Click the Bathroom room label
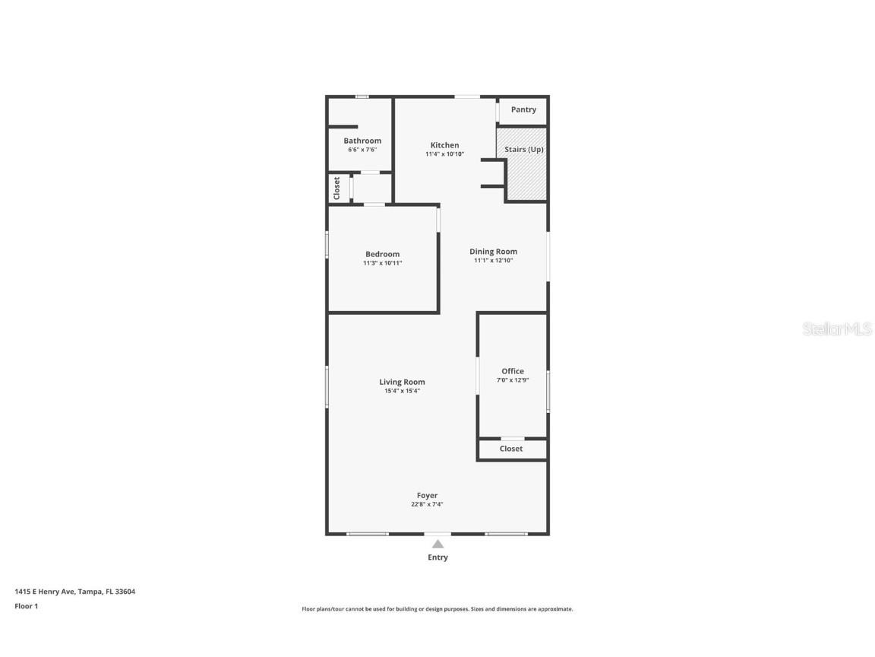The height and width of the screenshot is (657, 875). pos(362,141)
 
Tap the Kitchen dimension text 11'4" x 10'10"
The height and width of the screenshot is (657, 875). pos(444,154)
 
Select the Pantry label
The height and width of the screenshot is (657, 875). pos(523,109)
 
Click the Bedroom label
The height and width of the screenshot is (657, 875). pos(382,254)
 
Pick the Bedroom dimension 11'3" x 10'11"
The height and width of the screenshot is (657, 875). pos(382,263)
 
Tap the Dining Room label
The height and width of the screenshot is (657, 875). pos(493,252)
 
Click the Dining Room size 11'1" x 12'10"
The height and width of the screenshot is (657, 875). pos(493,261)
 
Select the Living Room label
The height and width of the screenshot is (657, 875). pos(402,382)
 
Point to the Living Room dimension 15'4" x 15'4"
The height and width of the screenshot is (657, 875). pos(402,391)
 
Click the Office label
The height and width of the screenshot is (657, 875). pos(513,371)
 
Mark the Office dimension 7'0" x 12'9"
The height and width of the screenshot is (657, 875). pos(513,380)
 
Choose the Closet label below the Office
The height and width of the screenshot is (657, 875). pos(511,449)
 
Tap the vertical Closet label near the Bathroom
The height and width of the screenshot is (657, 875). pos(337,189)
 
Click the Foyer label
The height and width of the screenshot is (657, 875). pos(427,495)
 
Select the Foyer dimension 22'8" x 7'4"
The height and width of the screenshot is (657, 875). pos(427,504)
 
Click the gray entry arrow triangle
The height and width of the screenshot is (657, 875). pos(437,544)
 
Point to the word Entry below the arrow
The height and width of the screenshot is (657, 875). pos(437,557)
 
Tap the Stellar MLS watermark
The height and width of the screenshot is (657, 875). pos(838,329)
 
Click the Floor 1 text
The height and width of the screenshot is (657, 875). pos(26,606)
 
